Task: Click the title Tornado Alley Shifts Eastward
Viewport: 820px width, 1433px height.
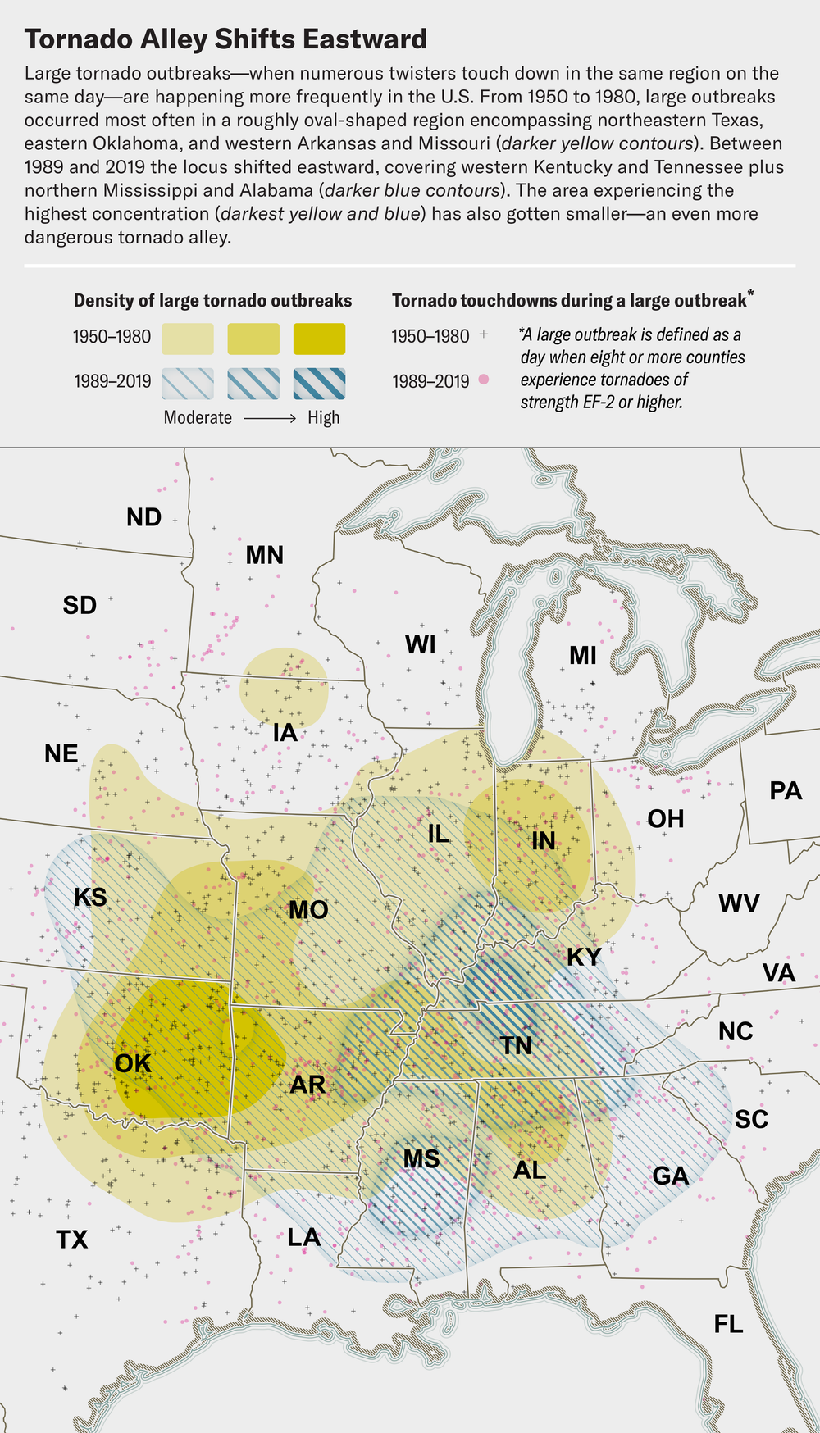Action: [x=225, y=39]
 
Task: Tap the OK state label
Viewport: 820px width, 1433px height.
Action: [x=133, y=1063]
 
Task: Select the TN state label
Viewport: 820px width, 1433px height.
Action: [x=516, y=1045]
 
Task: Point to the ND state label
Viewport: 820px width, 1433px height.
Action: [x=143, y=517]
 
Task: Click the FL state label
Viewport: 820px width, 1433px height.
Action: [x=728, y=1324]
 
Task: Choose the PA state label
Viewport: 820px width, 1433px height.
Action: [x=786, y=790]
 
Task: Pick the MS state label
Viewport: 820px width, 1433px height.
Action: [x=421, y=1158]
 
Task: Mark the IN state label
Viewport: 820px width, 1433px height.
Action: [x=543, y=840]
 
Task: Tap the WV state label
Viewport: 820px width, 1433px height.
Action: [x=739, y=903]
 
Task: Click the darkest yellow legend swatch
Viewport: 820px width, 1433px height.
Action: [x=319, y=339]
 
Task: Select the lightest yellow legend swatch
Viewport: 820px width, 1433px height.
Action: [x=188, y=339]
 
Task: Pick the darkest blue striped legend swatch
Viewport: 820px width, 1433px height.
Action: [x=319, y=383]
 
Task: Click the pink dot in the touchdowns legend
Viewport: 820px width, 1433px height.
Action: [x=484, y=379]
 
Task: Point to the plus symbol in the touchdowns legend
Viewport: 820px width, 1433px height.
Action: [x=484, y=334]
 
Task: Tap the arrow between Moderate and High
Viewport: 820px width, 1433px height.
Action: [x=270, y=418]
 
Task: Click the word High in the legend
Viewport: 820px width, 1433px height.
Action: [x=324, y=418]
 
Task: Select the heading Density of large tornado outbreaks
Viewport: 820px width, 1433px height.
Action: [x=212, y=300]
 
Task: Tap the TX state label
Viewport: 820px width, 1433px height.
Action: [x=72, y=1239]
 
